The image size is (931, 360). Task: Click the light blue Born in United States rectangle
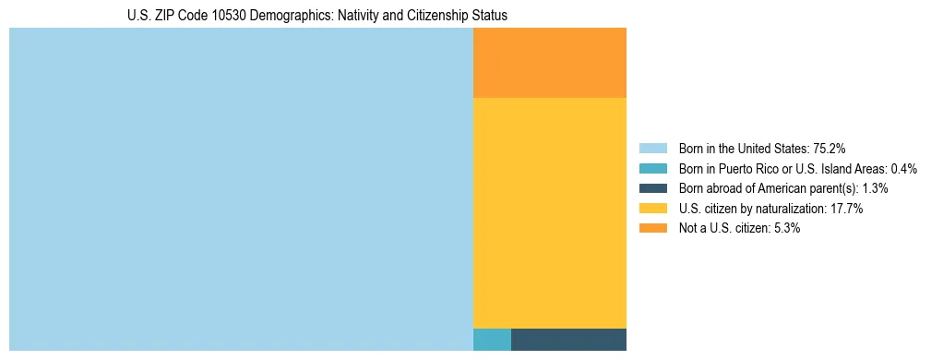click(x=241, y=189)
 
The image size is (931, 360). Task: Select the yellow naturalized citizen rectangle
click(x=550, y=212)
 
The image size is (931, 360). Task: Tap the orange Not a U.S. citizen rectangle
click(x=550, y=63)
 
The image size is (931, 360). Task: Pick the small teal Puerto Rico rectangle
click(x=492, y=340)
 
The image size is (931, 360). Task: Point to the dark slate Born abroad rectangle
click(x=568, y=340)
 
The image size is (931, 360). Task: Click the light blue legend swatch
click(x=653, y=149)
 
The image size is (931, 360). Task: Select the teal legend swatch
click(x=653, y=169)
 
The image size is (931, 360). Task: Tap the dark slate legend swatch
click(x=653, y=188)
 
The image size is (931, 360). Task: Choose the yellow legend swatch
click(x=653, y=209)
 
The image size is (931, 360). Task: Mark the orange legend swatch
click(x=653, y=229)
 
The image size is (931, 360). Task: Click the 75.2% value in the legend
click(x=830, y=149)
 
